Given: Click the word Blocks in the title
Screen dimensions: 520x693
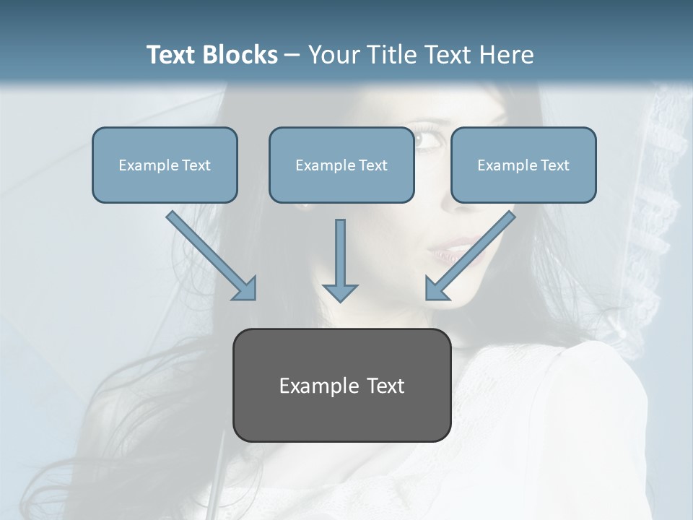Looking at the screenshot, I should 241,55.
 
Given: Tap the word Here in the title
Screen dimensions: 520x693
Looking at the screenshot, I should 507,55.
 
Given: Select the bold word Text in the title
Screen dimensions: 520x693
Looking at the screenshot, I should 173,55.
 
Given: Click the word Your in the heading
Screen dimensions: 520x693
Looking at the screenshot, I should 334,55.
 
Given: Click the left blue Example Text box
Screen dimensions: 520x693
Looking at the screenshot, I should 165,165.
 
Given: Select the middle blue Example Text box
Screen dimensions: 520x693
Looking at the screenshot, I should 341,165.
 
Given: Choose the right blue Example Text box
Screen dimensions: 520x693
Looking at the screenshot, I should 523,165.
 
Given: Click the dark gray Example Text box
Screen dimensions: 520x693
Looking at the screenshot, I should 341,385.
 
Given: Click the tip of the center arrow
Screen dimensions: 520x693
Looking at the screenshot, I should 340,299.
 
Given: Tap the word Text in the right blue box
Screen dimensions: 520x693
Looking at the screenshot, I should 554,165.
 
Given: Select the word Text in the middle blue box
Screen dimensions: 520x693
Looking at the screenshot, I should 372,165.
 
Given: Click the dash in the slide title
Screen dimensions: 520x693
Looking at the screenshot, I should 292,56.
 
